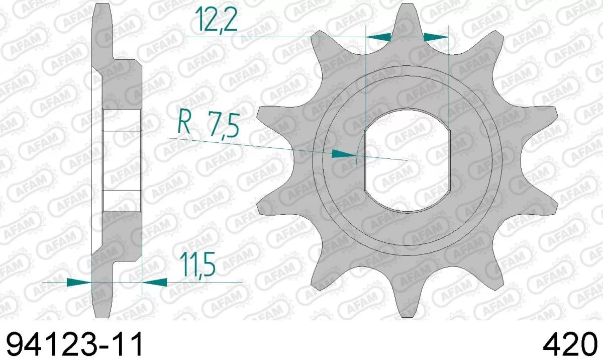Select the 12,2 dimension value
211,20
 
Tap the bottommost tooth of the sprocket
408,302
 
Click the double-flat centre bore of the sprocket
408,161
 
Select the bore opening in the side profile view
122,161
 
